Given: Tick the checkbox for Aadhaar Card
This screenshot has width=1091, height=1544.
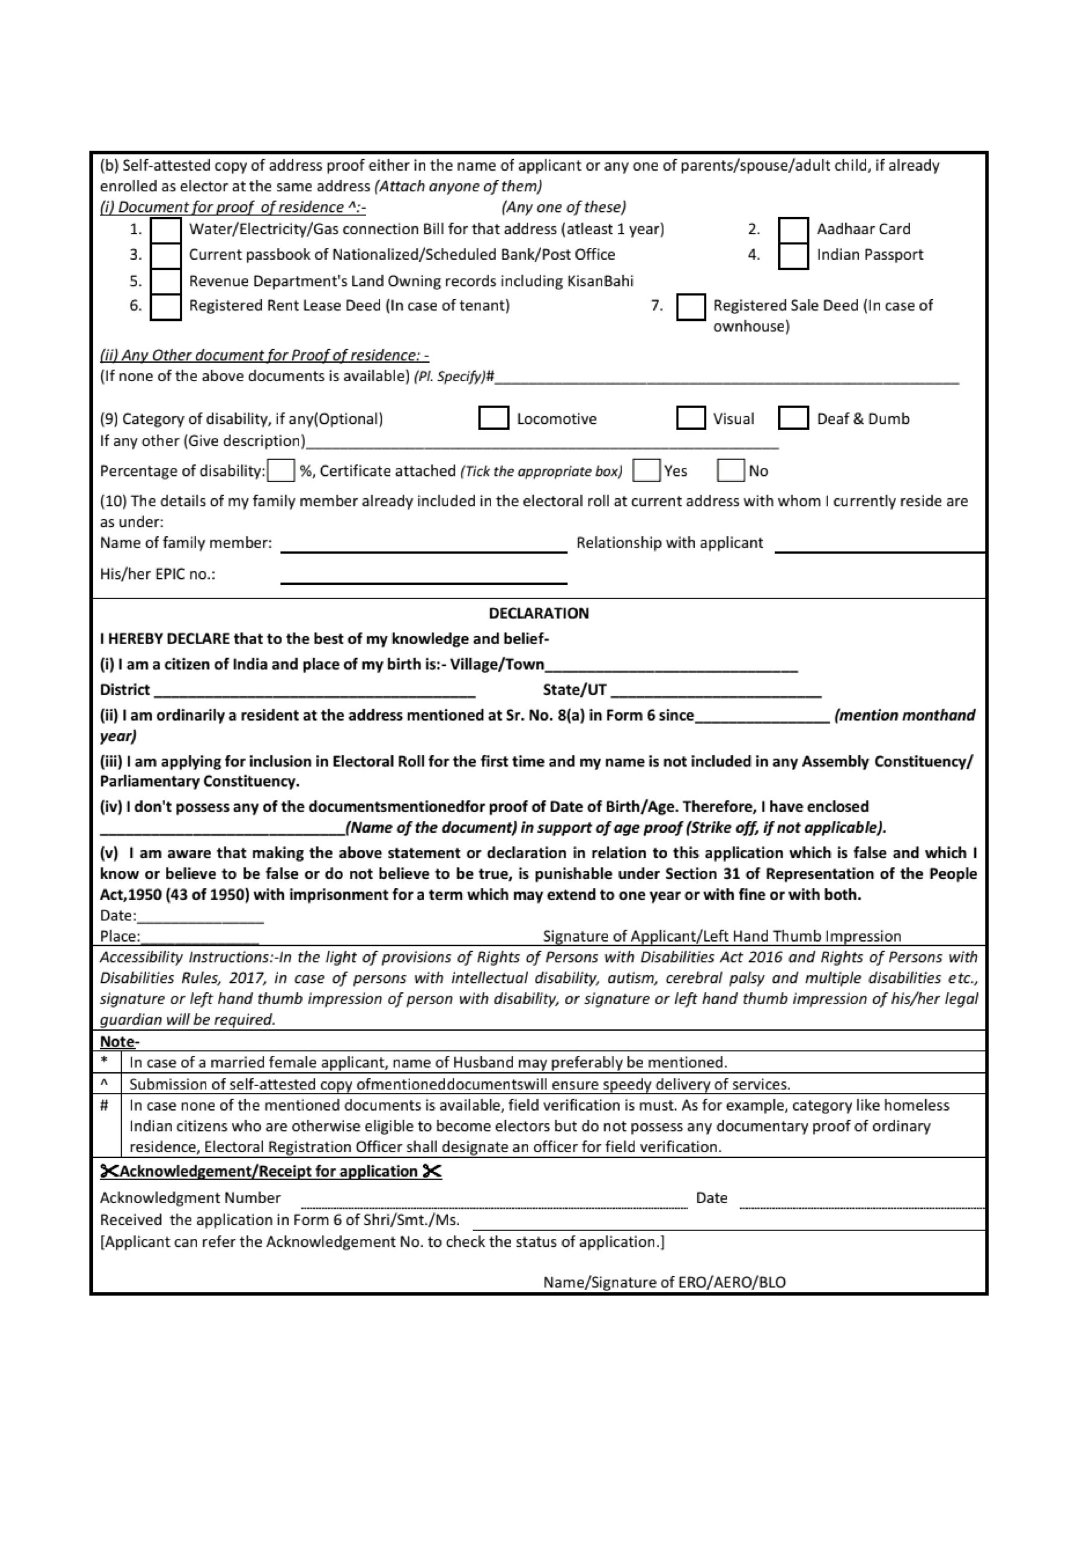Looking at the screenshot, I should [793, 230].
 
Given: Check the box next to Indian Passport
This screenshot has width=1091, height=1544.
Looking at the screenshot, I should [793, 256].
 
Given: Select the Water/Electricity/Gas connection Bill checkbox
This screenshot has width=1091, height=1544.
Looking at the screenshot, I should [165, 230].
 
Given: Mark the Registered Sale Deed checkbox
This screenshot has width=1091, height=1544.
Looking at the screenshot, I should [691, 306].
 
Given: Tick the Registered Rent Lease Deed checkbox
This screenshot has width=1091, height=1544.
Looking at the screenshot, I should [165, 306].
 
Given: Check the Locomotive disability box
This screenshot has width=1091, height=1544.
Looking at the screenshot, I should [494, 417].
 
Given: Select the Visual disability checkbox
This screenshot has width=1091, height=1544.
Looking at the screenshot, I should [691, 417].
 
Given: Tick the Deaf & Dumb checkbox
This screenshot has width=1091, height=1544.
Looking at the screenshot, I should [793, 417].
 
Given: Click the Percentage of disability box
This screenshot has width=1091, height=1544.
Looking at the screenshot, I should [281, 470].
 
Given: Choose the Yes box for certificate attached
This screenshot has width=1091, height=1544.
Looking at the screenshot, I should [647, 470].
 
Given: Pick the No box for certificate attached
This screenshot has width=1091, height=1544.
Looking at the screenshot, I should [730, 470].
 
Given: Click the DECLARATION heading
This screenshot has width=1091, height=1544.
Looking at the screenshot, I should [538, 613].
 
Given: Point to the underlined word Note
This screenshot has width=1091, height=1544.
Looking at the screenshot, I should [117, 1042].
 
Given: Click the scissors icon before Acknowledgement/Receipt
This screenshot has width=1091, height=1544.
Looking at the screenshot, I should [109, 1171].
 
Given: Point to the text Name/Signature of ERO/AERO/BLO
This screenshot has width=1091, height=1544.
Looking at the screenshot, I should [665, 1282].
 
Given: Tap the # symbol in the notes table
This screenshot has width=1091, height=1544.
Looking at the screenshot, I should [104, 1105].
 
